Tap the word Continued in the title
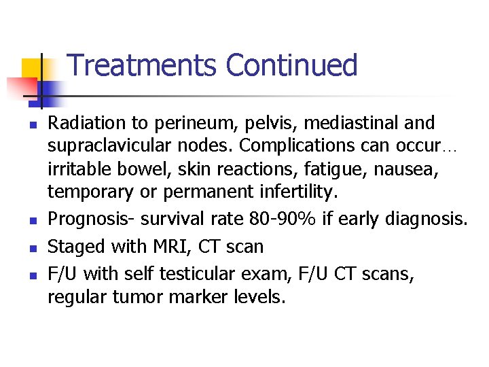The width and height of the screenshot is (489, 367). point(291,65)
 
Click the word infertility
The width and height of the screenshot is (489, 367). point(292,192)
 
